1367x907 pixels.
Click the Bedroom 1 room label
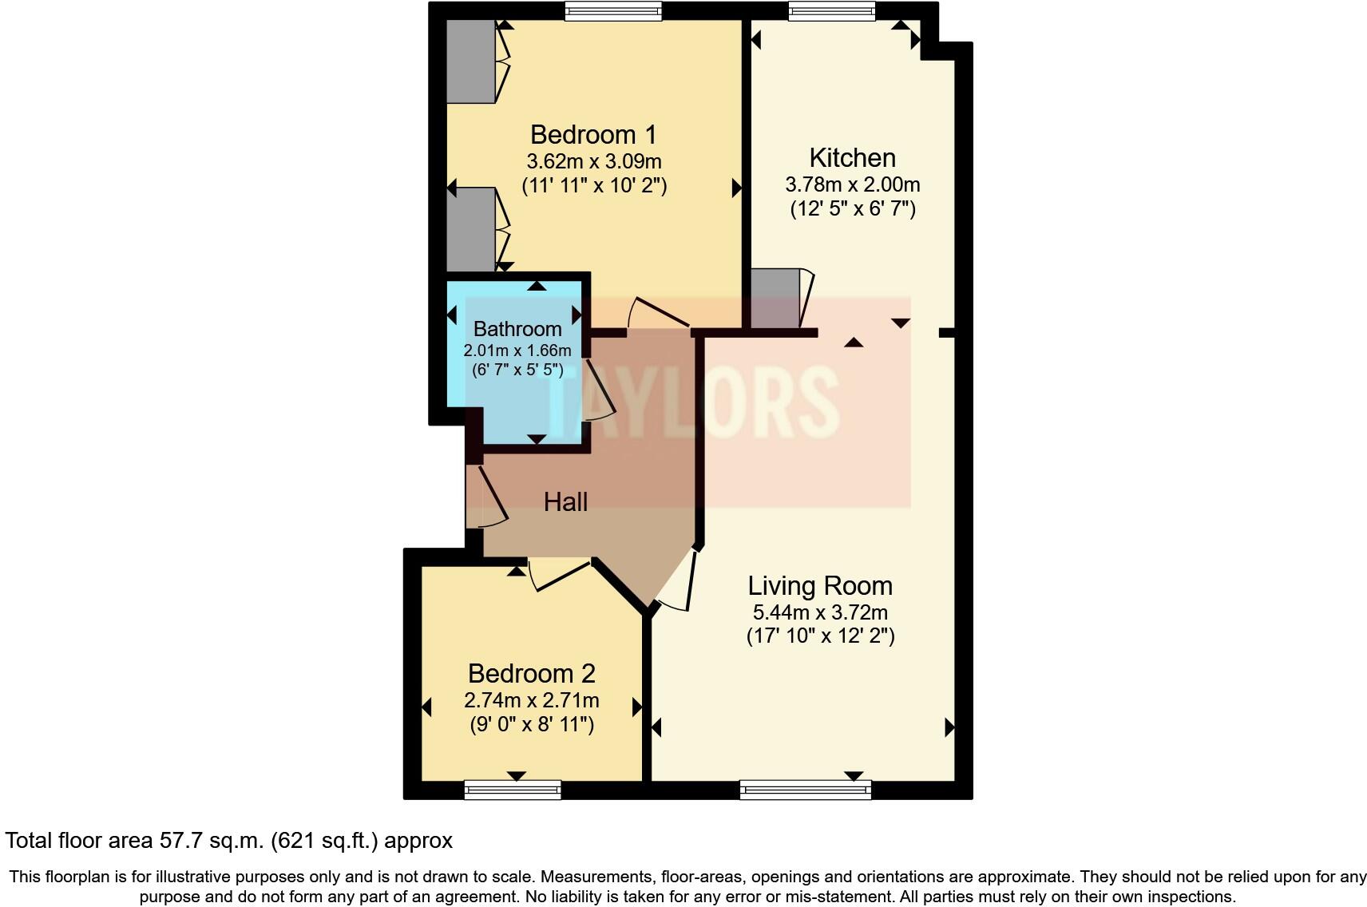pos(593,134)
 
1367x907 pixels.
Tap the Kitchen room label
pos(852,157)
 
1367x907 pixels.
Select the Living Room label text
pos(820,586)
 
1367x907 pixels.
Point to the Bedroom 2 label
pos(531,673)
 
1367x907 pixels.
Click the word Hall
pos(565,501)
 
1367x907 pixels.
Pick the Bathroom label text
pos(517,329)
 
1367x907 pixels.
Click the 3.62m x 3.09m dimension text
pos(593,161)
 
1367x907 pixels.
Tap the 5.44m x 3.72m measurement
pos(820,613)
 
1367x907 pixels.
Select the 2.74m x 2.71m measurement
pos(531,700)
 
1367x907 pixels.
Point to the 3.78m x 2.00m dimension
pos(852,184)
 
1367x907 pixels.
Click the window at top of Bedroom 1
pos(612,10)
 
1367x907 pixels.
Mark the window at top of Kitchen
pos(831,10)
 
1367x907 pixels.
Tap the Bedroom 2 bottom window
pos(513,790)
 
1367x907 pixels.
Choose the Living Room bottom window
pos(806,790)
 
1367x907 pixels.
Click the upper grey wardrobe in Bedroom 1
pos(470,61)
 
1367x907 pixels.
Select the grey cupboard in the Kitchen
pos(775,299)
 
